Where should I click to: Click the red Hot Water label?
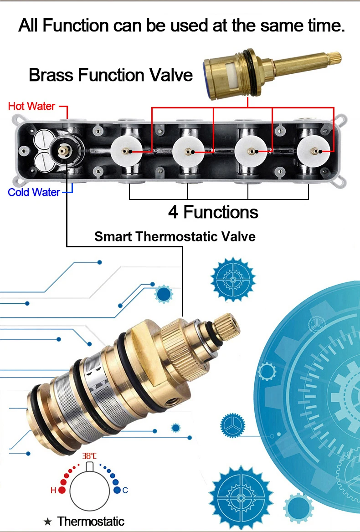coord(31,106)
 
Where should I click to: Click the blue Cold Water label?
coord(34,192)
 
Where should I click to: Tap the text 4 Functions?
coord(213,212)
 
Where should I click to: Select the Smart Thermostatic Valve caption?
coord(175,236)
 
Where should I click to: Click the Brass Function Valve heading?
coord(111,75)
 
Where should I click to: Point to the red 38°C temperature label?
coord(89,455)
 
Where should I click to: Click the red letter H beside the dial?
coord(53,490)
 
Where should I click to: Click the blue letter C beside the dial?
coord(125,490)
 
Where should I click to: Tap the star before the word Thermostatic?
coord(47,522)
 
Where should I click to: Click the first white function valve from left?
coord(126,151)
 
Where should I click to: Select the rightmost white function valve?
coord(313,151)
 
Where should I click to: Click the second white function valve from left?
coord(188,151)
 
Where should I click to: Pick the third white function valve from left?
coord(250,151)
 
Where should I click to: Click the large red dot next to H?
coord(62,490)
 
